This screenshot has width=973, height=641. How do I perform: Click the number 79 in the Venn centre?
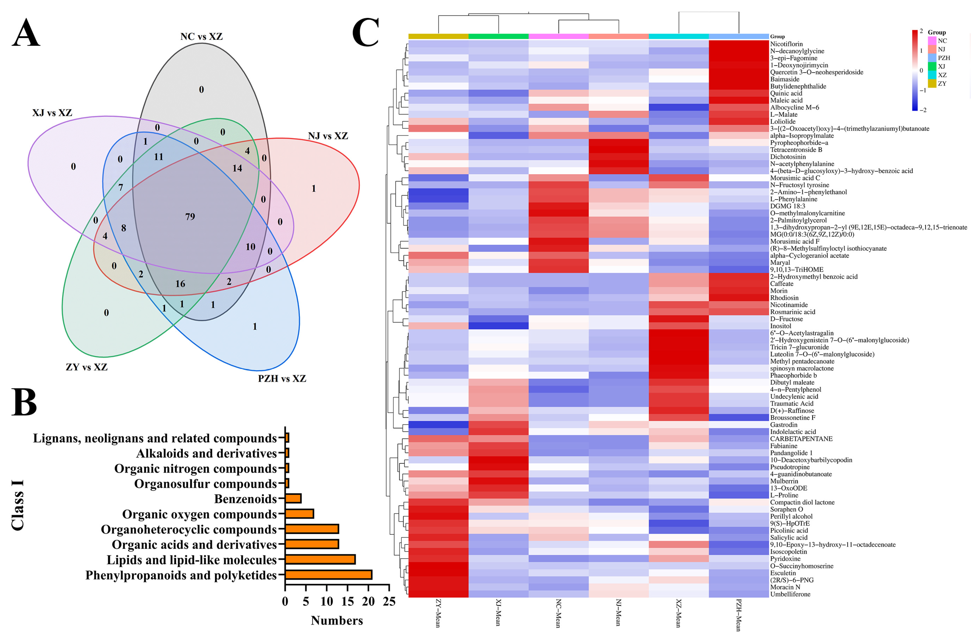[x=190, y=216]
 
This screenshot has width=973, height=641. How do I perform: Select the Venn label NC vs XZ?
[x=201, y=36]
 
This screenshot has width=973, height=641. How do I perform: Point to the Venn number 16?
[x=180, y=284]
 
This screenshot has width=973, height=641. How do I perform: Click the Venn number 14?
[x=237, y=168]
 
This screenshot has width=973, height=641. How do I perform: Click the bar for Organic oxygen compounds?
[x=299, y=514]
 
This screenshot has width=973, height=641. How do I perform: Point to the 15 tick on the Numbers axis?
[x=347, y=601]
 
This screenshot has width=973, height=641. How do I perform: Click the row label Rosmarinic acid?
[x=792, y=312]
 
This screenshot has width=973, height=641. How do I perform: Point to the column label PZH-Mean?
[x=739, y=615]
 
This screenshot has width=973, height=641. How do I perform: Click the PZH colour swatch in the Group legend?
[x=932, y=58]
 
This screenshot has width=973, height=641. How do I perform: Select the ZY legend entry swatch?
[x=932, y=84]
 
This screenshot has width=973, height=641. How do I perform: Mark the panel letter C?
[x=365, y=33]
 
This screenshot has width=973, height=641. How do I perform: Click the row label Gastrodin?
[x=784, y=425]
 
